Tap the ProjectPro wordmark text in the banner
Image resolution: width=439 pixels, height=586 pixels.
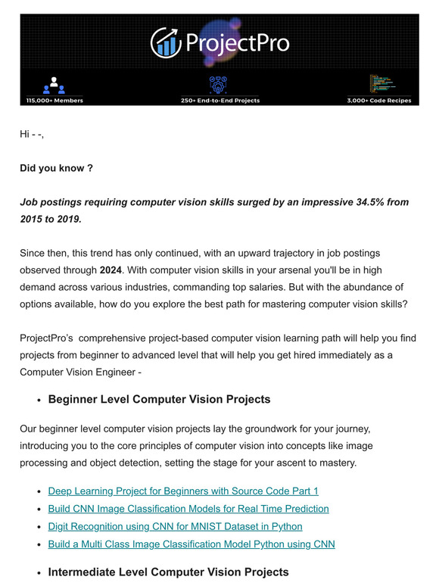[x=235, y=42]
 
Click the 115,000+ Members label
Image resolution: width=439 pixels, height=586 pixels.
[x=54, y=100]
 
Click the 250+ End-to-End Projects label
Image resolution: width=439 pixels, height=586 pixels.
[x=219, y=100]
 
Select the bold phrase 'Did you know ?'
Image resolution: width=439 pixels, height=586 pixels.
[x=56, y=168]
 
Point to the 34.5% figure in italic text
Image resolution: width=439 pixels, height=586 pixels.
[x=371, y=202]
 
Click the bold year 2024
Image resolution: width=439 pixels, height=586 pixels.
[x=111, y=270]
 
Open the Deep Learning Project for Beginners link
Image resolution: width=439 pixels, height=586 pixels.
[x=183, y=491]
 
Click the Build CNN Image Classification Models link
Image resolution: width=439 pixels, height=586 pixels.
[x=188, y=508]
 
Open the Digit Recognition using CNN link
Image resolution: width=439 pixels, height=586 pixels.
[x=175, y=525]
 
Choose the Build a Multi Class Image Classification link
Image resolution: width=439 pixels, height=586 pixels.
[x=191, y=543]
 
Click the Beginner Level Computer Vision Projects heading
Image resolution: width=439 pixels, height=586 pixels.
[x=159, y=399]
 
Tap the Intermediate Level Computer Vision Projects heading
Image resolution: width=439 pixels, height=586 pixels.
[x=168, y=572]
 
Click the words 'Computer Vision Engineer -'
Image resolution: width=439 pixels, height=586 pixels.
[x=80, y=371]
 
